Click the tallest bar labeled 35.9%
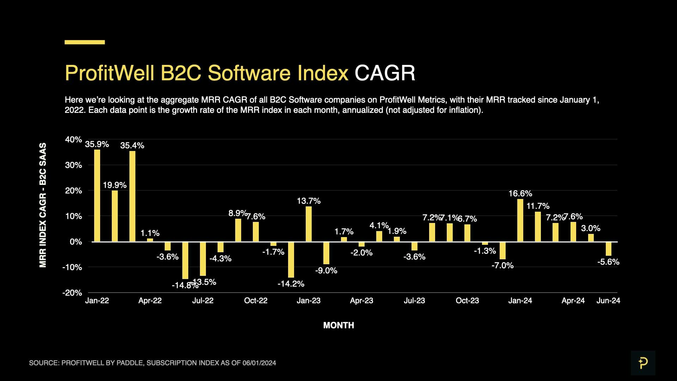coord(97,195)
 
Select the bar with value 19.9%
coord(115,216)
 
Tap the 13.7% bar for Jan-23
coord(309,224)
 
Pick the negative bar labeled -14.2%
coord(291,260)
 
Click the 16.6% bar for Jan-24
coord(520,220)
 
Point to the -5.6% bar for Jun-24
coord(608,249)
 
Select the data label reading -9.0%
coord(326,271)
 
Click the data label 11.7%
coord(538,206)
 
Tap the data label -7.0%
coord(502,265)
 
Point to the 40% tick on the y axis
coord(73,140)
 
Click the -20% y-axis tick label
coord(72,293)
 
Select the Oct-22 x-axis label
coord(256,301)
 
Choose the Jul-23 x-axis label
coord(414,301)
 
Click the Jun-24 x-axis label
coord(608,301)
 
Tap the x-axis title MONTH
coord(338,325)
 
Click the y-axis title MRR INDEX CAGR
coord(43,205)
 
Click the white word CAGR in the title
coord(385,73)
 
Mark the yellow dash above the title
coord(85,42)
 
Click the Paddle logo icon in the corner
coord(643,363)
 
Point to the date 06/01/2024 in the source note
coord(259,363)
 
